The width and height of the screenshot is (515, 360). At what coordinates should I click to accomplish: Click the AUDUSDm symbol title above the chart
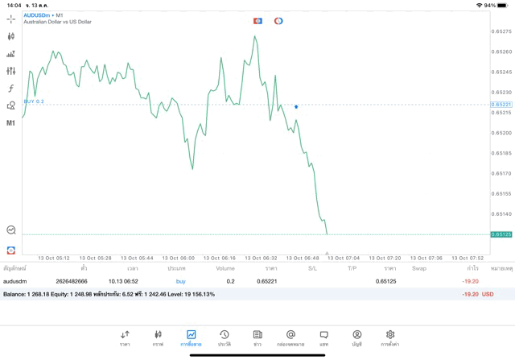pyautogui.click(x=38, y=14)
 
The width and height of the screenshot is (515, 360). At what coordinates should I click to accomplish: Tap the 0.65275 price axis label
pyautogui.click(x=501, y=31)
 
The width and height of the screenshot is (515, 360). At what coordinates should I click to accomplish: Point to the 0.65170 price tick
pyautogui.click(x=501, y=173)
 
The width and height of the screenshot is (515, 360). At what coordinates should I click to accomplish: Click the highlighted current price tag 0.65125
pyautogui.click(x=501, y=234)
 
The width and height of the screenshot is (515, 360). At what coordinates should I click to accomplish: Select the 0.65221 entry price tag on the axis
pyautogui.click(x=501, y=105)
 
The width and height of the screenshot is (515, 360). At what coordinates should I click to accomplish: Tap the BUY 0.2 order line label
pyautogui.click(x=34, y=101)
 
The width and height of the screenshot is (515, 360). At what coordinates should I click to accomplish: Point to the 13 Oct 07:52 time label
pyautogui.click(x=467, y=259)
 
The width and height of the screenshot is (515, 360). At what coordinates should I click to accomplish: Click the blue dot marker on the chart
pyautogui.click(x=296, y=106)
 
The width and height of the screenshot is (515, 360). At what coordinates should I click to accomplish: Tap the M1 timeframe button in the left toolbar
pyautogui.click(x=10, y=123)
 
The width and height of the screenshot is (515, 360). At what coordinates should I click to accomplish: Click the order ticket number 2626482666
pyautogui.click(x=72, y=281)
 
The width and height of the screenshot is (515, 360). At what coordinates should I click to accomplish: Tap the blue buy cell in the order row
pyautogui.click(x=180, y=281)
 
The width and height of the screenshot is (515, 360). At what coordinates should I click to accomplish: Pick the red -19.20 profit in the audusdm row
pyautogui.click(x=470, y=281)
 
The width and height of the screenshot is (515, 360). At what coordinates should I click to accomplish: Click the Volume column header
pyautogui.click(x=225, y=268)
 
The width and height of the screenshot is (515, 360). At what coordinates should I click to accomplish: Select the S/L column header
pyautogui.click(x=312, y=268)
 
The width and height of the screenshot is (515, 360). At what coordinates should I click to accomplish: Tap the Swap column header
pyautogui.click(x=418, y=268)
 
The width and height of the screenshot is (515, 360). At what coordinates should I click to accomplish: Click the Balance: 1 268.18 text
pyautogui.click(x=25, y=294)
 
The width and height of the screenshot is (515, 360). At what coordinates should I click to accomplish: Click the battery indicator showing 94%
pyautogui.click(x=501, y=5)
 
